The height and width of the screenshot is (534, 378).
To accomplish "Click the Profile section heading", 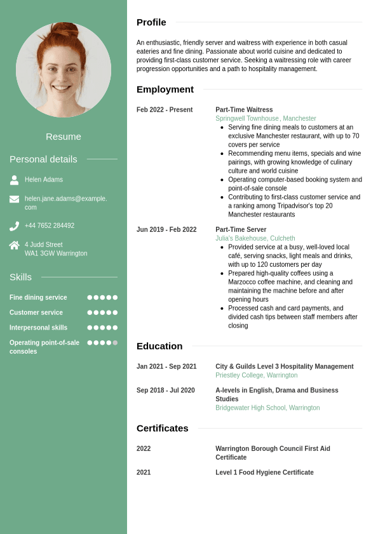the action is click(x=151, y=22).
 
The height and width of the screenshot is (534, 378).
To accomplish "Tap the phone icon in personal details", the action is click(x=14, y=226).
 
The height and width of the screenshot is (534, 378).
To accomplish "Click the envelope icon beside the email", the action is click(x=14, y=199).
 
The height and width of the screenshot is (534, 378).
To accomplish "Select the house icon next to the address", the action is click(x=14, y=245).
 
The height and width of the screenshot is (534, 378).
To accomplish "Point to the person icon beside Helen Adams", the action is click(x=14, y=180).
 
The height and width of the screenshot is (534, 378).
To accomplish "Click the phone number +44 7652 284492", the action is click(x=50, y=225).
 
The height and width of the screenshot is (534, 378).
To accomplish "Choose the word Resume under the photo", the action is click(x=64, y=137).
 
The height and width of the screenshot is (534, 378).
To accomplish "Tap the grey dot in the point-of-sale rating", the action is click(x=115, y=343).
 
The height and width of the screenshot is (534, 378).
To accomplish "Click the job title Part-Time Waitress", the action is click(x=244, y=110).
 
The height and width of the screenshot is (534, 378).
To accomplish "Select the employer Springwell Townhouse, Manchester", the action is click(x=266, y=119).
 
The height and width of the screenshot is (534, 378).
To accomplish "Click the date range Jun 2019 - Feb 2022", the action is click(x=166, y=230).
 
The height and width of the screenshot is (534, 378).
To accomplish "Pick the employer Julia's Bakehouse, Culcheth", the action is click(x=255, y=239).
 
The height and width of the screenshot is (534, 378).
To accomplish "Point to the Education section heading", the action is click(x=159, y=346).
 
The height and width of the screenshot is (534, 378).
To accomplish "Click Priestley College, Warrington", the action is click(x=256, y=375).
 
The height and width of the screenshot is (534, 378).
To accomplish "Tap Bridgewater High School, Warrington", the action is click(x=267, y=408).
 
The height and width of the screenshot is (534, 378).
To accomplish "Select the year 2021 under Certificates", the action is click(x=144, y=472).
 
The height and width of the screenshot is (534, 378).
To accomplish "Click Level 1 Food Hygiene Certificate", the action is click(x=264, y=472).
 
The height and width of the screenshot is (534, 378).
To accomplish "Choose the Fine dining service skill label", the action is click(x=38, y=297).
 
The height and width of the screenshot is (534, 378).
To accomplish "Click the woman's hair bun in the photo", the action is click(x=65, y=29).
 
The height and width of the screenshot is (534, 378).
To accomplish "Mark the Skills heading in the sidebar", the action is click(x=20, y=277).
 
